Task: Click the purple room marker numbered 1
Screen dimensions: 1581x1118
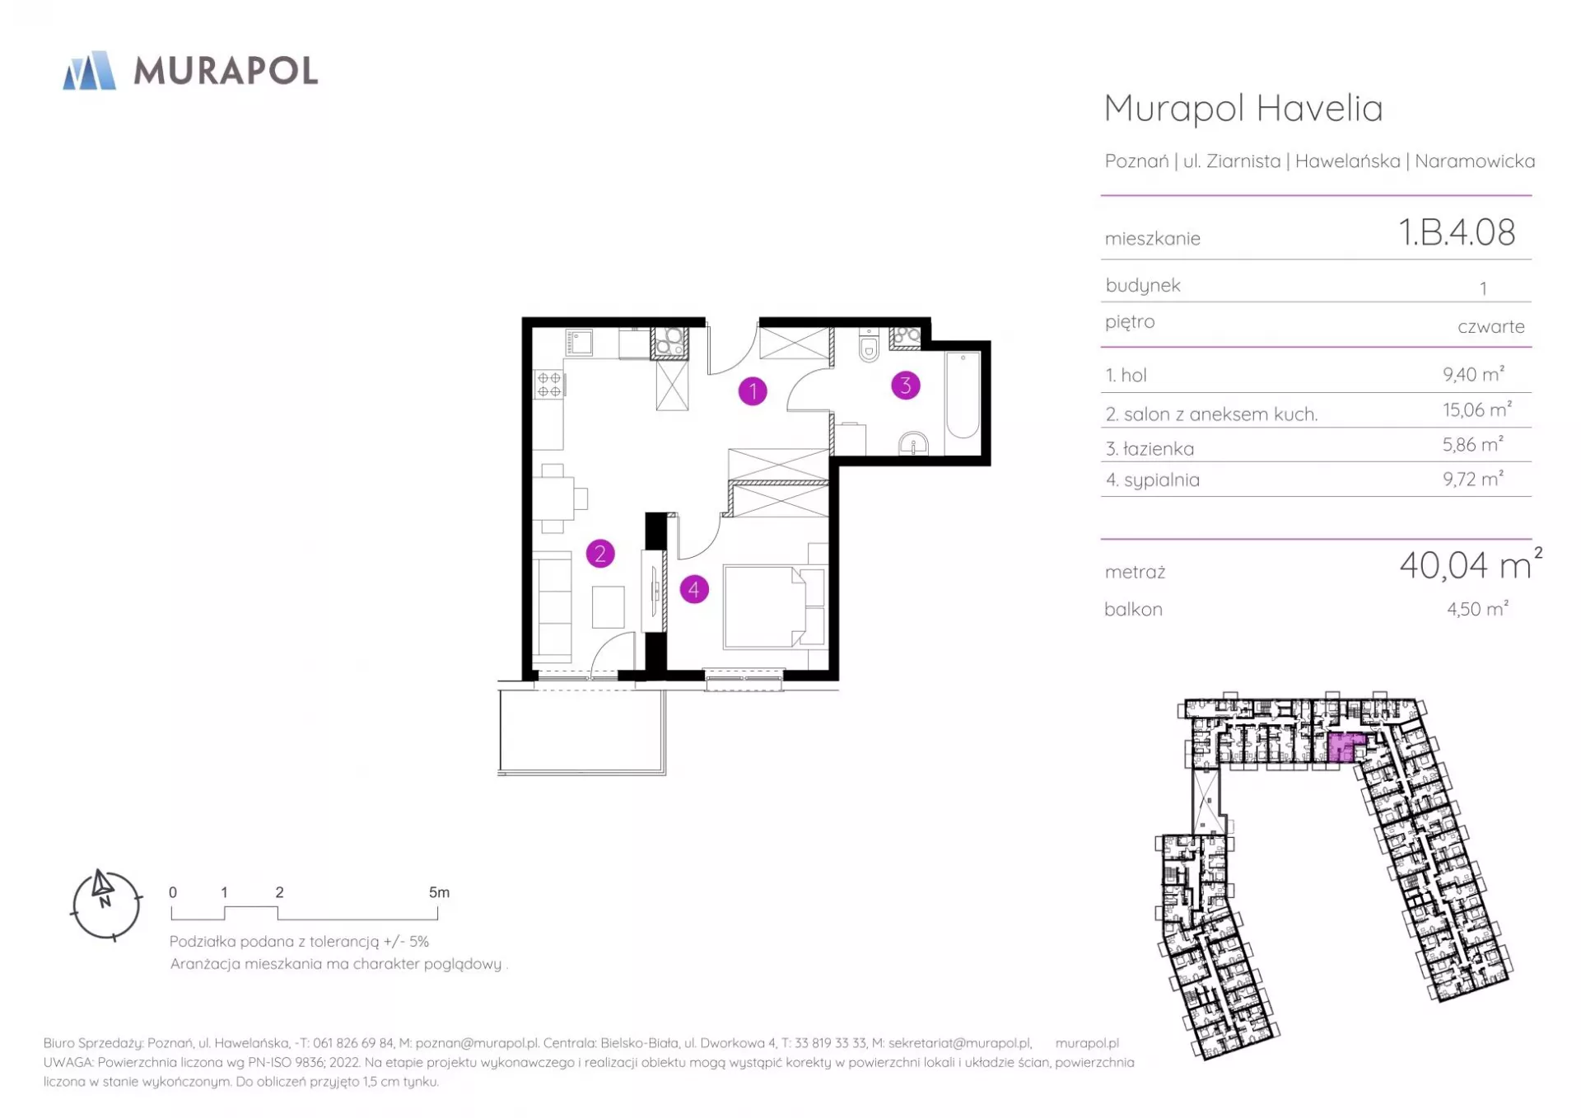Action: point(753,391)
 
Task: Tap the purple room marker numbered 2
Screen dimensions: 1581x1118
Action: point(600,554)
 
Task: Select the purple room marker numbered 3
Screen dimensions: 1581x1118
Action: point(906,385)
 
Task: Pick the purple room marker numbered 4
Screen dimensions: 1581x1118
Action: point(694,589)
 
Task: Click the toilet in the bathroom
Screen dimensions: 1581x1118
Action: point(869,345)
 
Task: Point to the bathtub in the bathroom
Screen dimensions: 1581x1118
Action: point(962,395)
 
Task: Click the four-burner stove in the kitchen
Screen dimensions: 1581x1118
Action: point(549,385)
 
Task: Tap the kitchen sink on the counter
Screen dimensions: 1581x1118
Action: point(579,342)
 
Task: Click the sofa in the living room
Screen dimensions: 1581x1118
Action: point(552,607)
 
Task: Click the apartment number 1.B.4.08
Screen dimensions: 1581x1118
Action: point(1457,232)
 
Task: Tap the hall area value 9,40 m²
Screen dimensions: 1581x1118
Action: point(1473,374)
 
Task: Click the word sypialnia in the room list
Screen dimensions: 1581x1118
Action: point(1162,480)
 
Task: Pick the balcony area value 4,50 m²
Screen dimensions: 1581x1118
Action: point(1477,609)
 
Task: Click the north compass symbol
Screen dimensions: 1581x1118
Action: point(106,905)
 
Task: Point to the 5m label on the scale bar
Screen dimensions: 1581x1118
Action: point(439,892)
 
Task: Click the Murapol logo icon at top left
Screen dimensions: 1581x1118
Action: point(90,70)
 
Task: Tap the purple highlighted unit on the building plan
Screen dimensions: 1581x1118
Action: point(1345,747)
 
